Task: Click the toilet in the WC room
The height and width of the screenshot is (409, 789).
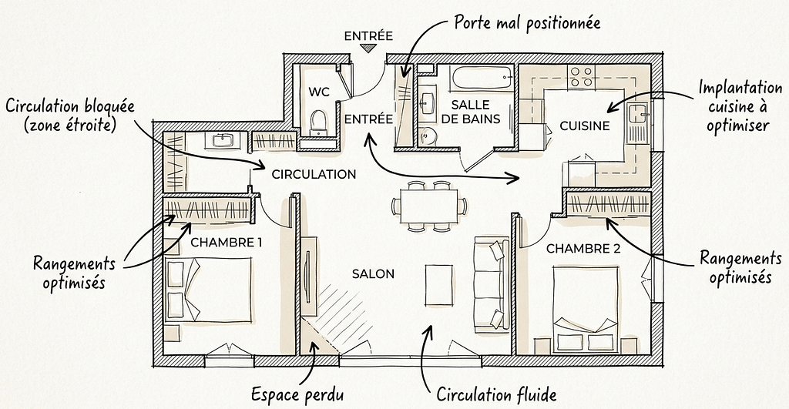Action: click(317, 121)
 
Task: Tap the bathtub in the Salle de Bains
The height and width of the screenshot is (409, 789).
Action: click(482, 78)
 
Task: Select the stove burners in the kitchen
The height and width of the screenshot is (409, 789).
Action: click(581, 75)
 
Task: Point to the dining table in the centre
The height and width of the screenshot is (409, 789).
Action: click(428, 206)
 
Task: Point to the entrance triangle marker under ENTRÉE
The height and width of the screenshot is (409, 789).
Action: click(369, 49)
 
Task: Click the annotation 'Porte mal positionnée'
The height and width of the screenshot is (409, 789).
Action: click(527, 22)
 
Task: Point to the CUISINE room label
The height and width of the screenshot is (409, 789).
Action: click(585, 126)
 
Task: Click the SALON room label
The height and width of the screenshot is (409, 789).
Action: click(373, 274)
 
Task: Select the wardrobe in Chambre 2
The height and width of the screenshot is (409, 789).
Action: click(609, 206)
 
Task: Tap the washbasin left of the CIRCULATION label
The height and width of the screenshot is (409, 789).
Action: click(223, 140)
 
